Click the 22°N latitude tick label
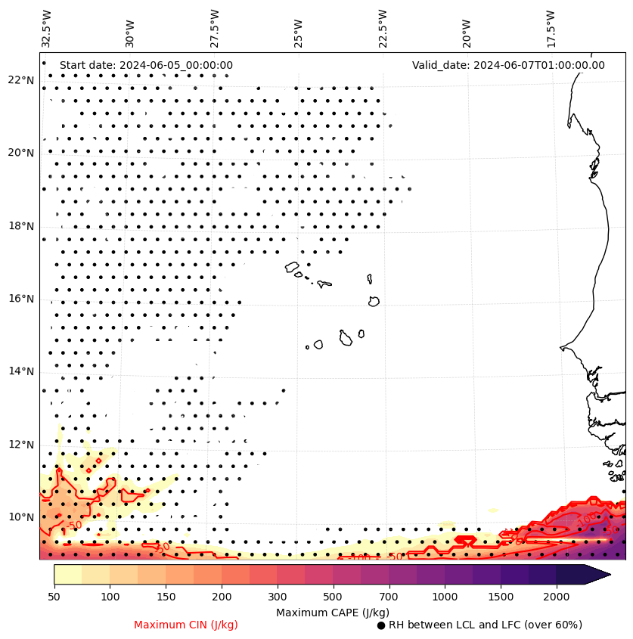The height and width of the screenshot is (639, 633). point(21,80)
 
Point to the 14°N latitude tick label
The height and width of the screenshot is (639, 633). point(21,371)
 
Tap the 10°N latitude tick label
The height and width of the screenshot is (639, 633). point(21,517)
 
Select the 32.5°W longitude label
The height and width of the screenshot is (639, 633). point(47,28)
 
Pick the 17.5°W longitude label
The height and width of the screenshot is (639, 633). point(550,28)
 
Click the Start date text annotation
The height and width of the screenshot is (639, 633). point(146,65)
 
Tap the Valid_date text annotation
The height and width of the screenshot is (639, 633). point(508,65)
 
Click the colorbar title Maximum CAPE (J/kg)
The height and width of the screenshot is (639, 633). point(332,612)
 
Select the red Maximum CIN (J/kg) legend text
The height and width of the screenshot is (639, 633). point(186,625)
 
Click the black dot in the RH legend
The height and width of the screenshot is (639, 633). point(381,625)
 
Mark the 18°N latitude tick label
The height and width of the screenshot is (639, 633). point(21,226)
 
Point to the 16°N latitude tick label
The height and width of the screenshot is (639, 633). point(21,299)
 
